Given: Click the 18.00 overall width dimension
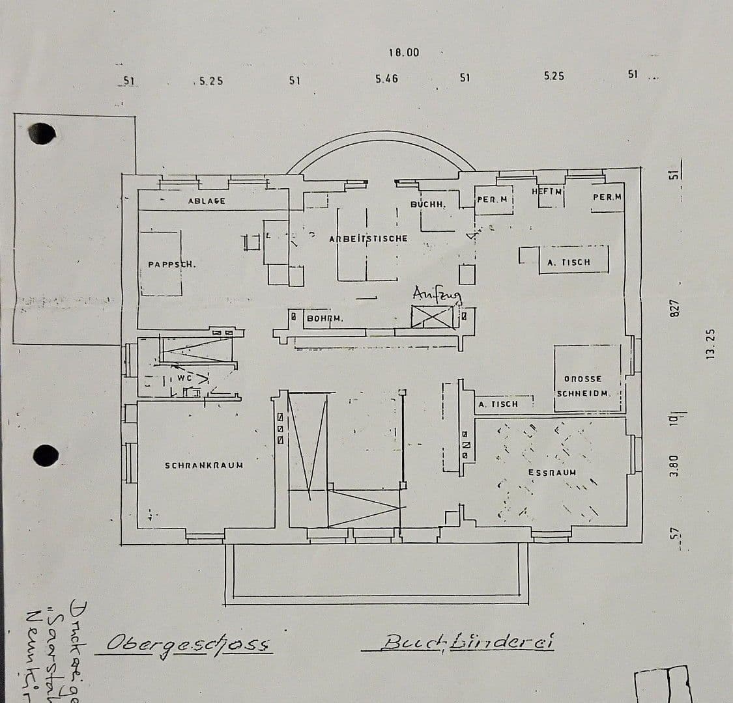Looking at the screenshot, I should click(x=404, y=53).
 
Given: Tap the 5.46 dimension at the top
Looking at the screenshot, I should click(x=386, y=79).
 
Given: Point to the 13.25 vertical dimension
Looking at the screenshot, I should click(x=710, y=343).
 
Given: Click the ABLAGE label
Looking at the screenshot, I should click(x=207, y=201).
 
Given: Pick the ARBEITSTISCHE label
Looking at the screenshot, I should click(x=368, y=239).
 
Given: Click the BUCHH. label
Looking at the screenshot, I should click(x=428, y=204).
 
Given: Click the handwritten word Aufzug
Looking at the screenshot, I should click(x=437, y=295).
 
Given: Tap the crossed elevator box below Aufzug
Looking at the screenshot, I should click(x=432, y=317).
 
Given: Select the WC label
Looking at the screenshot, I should click(x=184, y=378).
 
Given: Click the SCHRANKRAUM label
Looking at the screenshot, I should click(x=204, y=465).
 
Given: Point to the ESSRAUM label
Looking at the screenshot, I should click(x=552, y=473).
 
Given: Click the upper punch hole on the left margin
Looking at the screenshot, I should click(x=43, y=133).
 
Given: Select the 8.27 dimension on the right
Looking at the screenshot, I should click(x=675, y=309).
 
